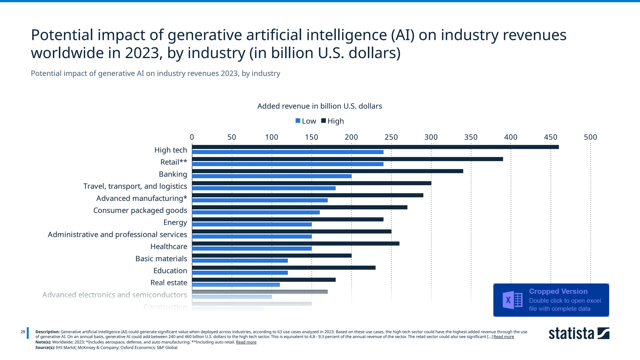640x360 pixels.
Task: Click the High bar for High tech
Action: click(375, 147)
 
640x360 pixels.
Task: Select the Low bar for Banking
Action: click(272, 176)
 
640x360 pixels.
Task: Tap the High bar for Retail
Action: click(347, 159)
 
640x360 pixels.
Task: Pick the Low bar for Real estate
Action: click(236, 285)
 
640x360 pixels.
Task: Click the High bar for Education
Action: click(283, 268)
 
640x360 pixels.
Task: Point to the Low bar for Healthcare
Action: click(252, 249)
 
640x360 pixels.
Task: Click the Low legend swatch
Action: click(298, 121)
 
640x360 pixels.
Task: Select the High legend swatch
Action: click(323, 121)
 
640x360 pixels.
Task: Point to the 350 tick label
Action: click(471, 137)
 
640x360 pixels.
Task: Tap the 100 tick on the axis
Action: click(271, 137)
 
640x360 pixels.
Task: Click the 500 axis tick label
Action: click(590, 137)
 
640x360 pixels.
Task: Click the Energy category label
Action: click(175, 222)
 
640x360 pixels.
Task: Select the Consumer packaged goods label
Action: click(140, 210)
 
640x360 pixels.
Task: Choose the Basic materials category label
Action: click(161, 259)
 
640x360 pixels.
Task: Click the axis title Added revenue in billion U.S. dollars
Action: click(319, 106)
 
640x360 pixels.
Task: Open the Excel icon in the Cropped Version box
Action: click(512, 300)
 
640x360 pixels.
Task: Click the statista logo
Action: click(579, 333)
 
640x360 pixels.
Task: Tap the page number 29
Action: click(23, 332)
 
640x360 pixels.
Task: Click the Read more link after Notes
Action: click(246, 342)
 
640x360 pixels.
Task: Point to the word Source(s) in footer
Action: click(45, 347)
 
